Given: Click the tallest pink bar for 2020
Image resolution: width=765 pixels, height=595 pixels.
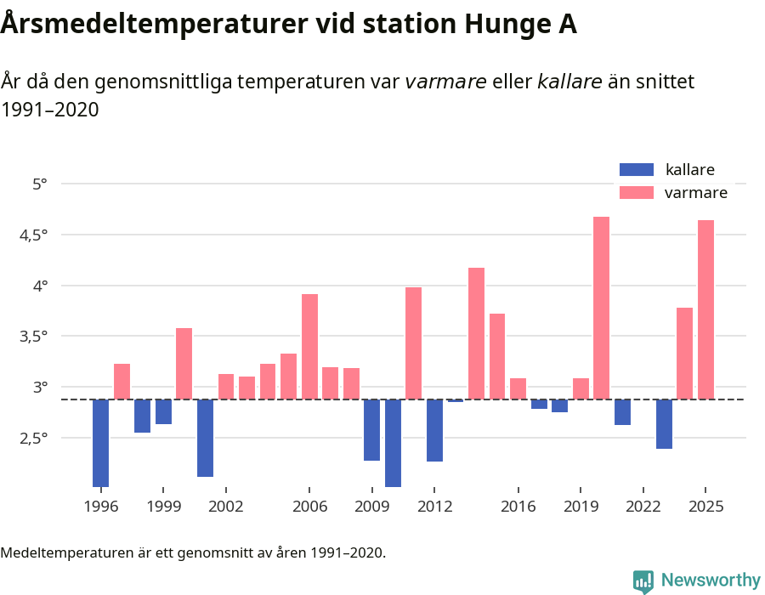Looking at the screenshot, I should point(601,308).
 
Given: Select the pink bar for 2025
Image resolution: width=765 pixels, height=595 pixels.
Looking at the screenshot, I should point(705,309).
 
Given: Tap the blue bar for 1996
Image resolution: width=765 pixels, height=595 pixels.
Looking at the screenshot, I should point(100,443).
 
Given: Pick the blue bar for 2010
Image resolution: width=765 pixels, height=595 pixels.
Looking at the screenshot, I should point(393,443).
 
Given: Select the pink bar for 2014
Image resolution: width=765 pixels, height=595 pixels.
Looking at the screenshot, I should point(476,333).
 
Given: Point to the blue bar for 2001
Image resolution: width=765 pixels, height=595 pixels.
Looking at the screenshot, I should point(205,438).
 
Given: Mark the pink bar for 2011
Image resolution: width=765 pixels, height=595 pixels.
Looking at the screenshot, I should point(413,343).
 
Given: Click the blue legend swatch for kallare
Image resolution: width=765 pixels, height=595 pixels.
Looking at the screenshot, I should point(637,169).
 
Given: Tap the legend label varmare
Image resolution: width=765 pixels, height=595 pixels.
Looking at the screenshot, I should point(695,193).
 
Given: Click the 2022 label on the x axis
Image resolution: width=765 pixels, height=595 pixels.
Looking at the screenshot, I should point(643,507).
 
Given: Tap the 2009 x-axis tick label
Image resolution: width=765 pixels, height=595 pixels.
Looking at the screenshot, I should point(371,507).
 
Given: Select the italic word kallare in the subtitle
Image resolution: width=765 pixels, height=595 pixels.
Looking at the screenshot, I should point(569,82).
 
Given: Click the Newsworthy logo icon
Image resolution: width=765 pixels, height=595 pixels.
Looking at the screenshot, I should point(643,581).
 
